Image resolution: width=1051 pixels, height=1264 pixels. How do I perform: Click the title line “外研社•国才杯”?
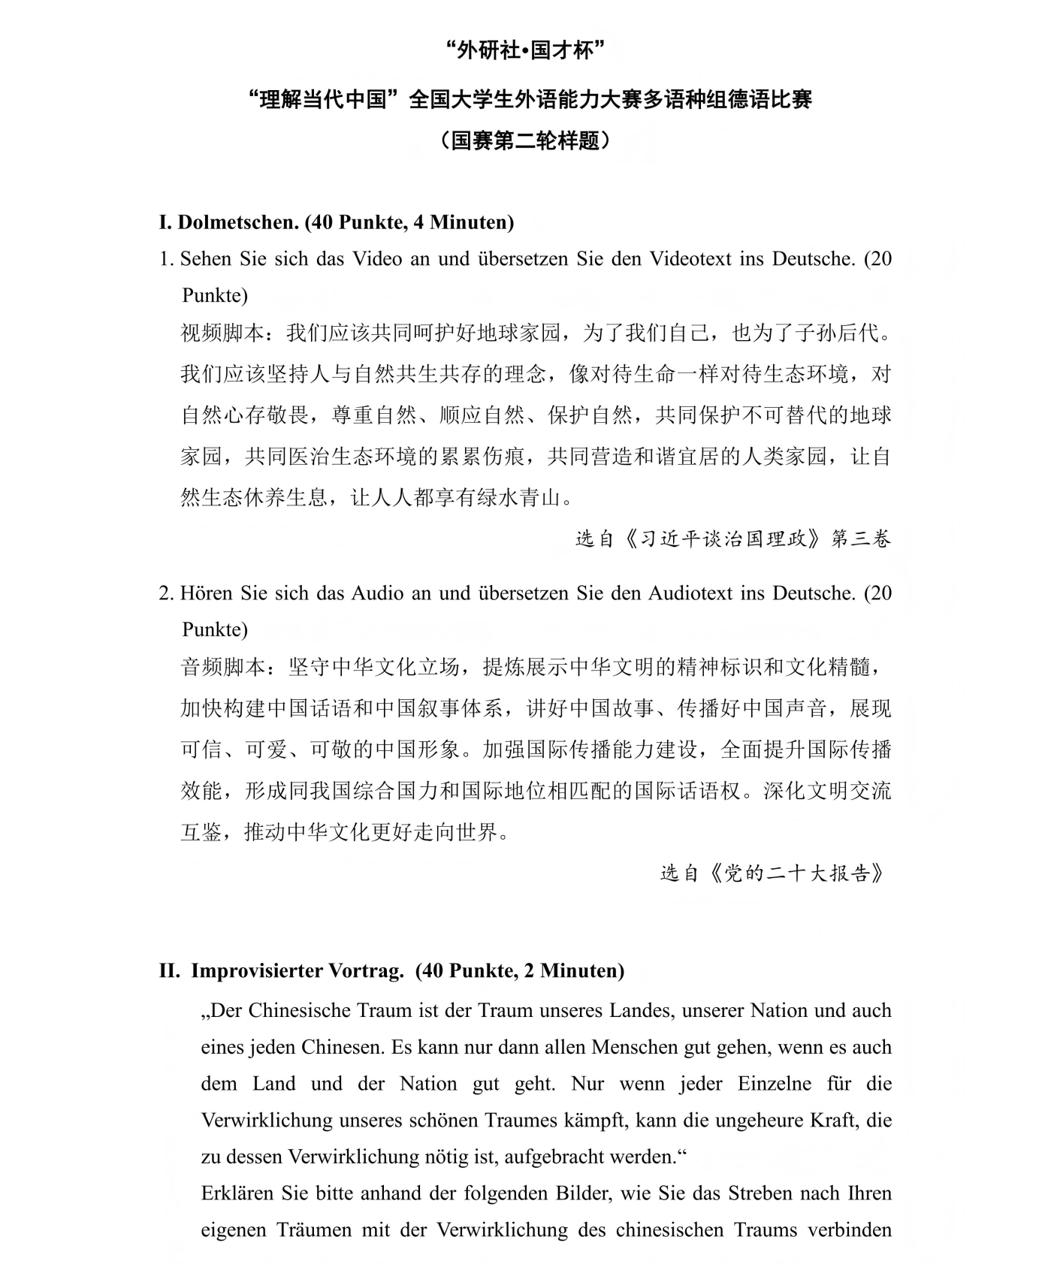click(x=525, y=51)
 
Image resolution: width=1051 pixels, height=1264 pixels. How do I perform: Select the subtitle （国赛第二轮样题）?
click(x=525, y=140)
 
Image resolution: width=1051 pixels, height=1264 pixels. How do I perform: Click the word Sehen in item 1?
click(x=207, y=259)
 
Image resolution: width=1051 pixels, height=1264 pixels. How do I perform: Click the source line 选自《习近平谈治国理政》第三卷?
click(x=733, y=538)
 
